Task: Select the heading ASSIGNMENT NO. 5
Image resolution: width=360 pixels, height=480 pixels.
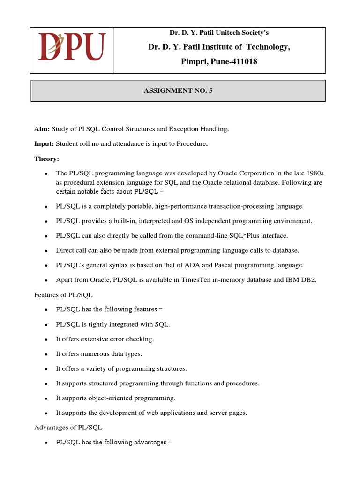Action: (178, 91)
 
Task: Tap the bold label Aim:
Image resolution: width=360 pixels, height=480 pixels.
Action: (42, 129)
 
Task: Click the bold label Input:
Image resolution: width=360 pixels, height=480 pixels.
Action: (44, 144)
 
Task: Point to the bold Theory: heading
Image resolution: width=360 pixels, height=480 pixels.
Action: (46, 159)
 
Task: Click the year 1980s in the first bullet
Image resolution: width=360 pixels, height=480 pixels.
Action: (313, 173)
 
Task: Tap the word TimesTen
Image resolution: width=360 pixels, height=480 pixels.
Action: (190, 280)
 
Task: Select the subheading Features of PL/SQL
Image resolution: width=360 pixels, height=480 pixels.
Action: (63, 295)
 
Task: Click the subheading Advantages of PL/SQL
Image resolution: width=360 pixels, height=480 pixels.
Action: (68, 427)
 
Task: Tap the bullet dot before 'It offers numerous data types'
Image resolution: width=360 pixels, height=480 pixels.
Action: (46, 354)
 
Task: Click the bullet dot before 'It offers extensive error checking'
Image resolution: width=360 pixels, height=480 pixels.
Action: (46, 339)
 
